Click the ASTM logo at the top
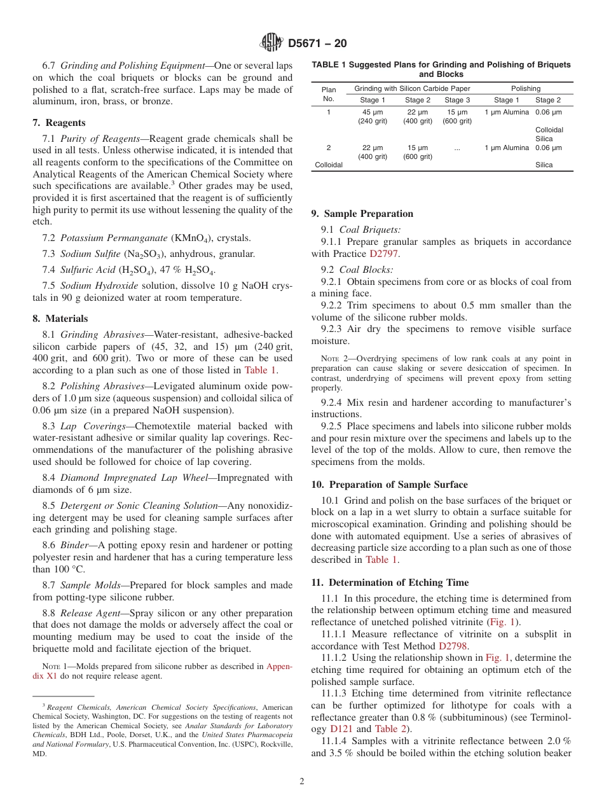click(271, 44)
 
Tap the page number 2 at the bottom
click(301, 781)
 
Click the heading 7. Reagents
click(58, 123)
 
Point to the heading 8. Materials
click(60, 319)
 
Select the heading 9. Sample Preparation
click(362, 214)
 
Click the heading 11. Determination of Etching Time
click(390, 583)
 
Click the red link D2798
click(453, 646)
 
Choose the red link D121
click(342, 729)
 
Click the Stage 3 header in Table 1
click(457, 100)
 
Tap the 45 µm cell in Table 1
click(372, 113)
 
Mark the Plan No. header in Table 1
click(328, 94)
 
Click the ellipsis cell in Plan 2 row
click(457, 148)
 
